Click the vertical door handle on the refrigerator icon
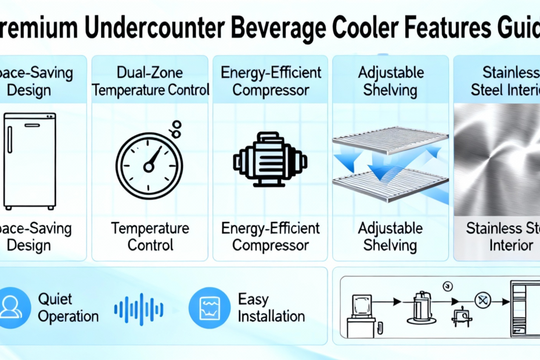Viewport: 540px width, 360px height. pos(10,139)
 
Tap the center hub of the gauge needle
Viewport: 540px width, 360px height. pos(149,167)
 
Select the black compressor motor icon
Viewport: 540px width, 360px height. pos(270,160)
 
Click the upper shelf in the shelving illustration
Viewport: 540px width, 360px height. pos(390,140)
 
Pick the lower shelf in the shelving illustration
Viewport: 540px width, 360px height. pos(390,185)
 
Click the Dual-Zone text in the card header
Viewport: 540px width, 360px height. pos(150,73)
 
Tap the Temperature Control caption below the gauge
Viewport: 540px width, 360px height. pos(150,237)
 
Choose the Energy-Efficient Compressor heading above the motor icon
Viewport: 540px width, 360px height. pos(271,81)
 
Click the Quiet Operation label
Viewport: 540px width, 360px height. pos(68,308)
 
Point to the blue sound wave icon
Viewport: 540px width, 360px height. pos(139,309)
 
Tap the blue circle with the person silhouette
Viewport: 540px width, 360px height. pos(12,308)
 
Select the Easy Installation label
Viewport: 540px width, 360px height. pos(271,308)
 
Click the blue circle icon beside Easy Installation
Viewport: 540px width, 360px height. pos(210,308)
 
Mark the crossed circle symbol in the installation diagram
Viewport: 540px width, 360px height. pos(483,300)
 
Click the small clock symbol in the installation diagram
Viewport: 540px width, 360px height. pos(448,286)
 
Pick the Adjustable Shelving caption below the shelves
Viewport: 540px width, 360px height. pos(390,237)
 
